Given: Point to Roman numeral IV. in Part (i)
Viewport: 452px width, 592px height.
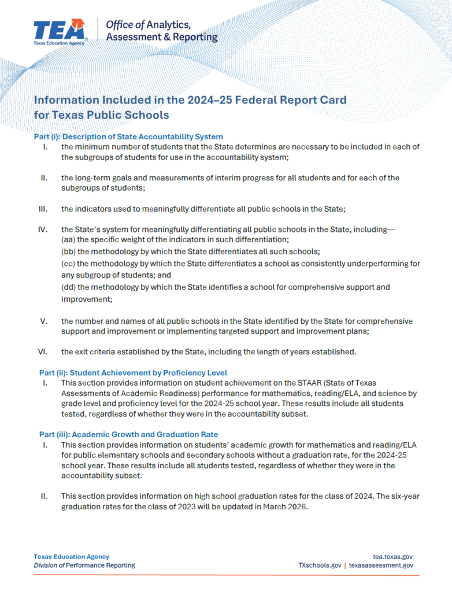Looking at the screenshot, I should (x=43, y=230).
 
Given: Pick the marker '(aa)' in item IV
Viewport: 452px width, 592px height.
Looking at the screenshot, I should (x=69, y=239).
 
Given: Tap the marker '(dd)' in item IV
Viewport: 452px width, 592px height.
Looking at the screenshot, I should (x=69, y=287).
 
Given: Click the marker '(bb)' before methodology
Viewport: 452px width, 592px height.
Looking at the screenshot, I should (x=69, y=251).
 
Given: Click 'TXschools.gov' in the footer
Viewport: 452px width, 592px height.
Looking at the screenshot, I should (x=316, y=565).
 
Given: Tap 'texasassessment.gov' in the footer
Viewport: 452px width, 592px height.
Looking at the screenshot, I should (x=381, y=565).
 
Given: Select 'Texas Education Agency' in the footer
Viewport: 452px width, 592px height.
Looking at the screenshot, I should (x=71, y=556).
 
